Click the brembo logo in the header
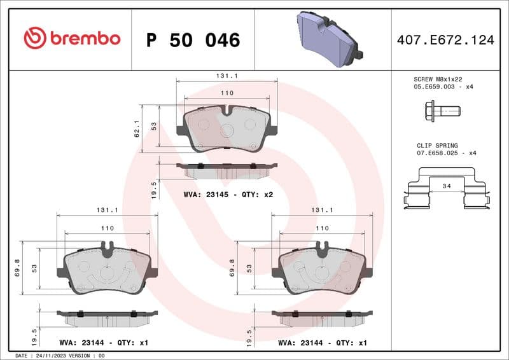[x=71, y=39]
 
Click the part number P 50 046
[x=193, y=40]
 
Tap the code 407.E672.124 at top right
[x=445, y=40]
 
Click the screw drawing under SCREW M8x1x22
[x=440, y=111]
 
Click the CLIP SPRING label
[x=437, y=146]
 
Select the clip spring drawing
[x=446, y=189]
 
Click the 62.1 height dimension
[x=136, y=129]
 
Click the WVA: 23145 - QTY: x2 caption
[x=228, y=194]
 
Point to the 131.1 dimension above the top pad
[x=227, y=76]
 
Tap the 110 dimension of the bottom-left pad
[x=108, y=228]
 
